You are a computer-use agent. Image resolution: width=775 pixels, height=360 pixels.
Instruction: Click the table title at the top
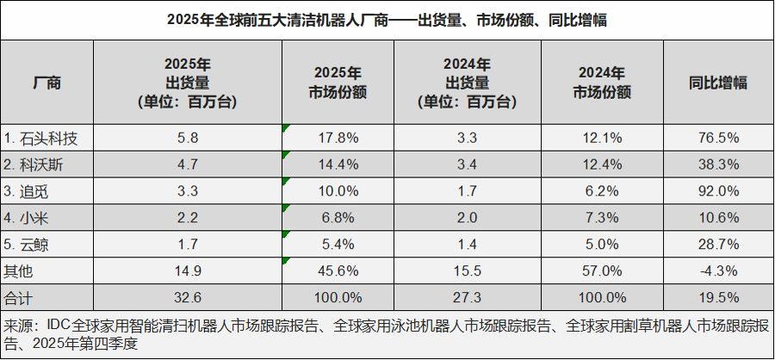[x=387, y=20]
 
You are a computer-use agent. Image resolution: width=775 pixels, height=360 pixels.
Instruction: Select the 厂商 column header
[x=47, y=83]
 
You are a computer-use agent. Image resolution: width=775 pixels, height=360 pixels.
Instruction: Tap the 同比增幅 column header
[x=718, y=83]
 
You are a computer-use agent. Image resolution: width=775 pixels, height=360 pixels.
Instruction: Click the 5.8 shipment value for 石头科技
[x=188, y=138]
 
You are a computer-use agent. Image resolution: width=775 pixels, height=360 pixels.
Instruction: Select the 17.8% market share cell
[x=338, y=138]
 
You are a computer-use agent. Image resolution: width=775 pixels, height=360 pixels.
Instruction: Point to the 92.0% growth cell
[x=719, y=191]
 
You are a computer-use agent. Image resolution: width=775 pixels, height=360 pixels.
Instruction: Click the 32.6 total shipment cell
[x=188, y=297]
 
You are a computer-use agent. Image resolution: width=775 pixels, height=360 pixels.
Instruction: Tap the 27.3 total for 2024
[x=467, y=297]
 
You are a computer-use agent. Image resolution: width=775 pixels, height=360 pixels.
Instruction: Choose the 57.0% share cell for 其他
[x=602, y=270]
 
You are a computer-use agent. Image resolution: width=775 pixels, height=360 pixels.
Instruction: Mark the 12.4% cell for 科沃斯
[x=602, y=164]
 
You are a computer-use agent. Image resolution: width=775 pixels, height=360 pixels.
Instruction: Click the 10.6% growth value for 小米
[x=719, y=218]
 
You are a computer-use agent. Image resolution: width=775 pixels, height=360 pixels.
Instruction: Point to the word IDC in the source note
[x=59, y=326]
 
